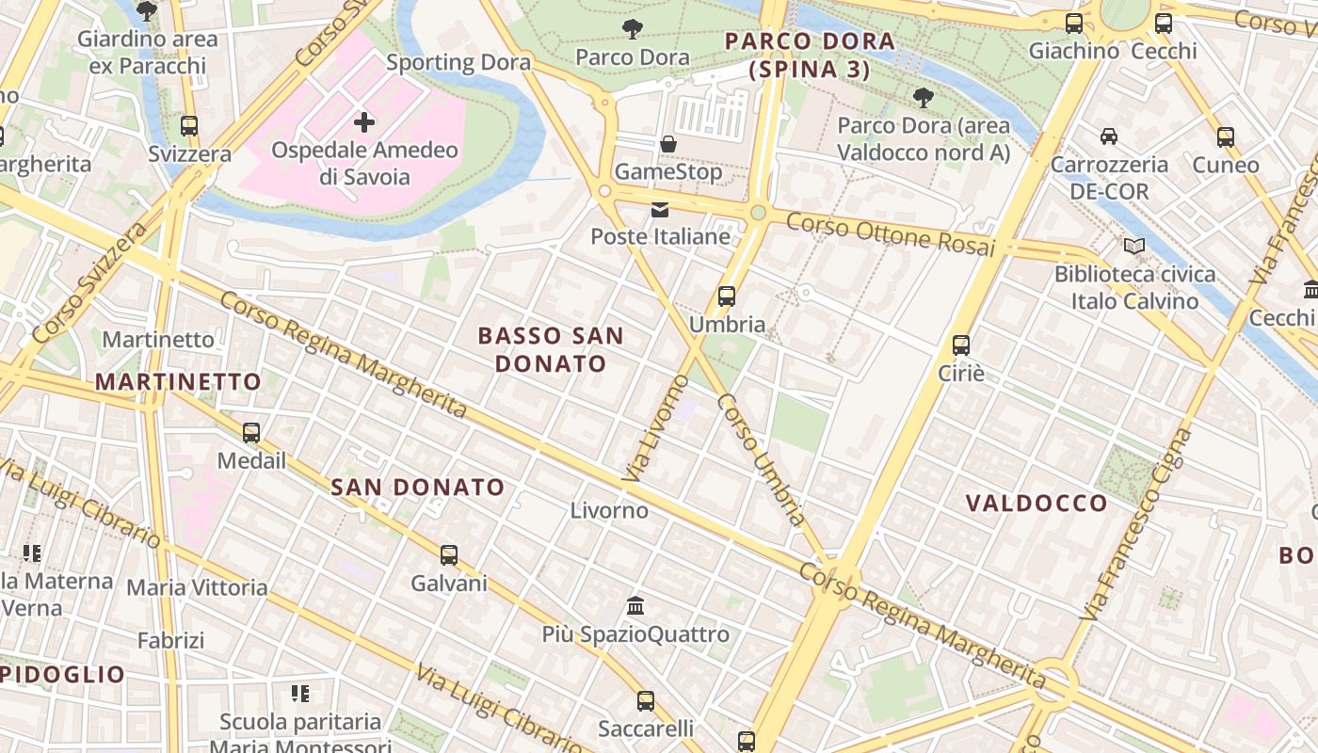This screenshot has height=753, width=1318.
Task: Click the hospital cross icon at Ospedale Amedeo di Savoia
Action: click(x=364, y=122)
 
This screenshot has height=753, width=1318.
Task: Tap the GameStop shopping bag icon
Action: click(x=668, y=144)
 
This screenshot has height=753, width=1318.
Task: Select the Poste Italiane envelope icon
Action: click(x=660, y=209)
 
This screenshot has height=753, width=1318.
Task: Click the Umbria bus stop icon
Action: click(x=727, y=296)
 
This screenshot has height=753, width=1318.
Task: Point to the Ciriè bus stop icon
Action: click(x=961, y=345)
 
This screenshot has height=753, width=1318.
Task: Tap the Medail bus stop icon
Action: click(x=251, y=433)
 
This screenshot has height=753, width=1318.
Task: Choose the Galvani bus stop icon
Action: click(x=449, y=555)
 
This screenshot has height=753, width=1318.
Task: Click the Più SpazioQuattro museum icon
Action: click(x=635, y=605)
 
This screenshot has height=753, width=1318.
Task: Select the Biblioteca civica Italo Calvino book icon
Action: click(x=1134, y=247)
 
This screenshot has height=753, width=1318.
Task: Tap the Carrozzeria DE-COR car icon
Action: click(x=1109, y=136)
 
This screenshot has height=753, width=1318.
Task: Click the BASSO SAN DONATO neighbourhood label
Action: click(x=551, y=349)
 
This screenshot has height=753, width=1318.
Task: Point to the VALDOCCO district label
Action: click(x=1037, y=504)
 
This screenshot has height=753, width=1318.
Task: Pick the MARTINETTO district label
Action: click(x=178, y=381)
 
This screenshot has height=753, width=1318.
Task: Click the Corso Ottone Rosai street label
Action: click(x=890, y=234)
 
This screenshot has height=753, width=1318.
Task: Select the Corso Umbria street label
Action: click(x=762, y=459)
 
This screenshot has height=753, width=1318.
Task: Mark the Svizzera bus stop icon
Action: click(x=189, y=126)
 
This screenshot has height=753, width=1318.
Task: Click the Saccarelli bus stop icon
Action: click(x=646, y=701)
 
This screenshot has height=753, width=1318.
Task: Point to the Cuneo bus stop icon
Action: click(x=1225, y=137)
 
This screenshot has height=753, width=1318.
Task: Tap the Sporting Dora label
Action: click(x=458, y=63)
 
